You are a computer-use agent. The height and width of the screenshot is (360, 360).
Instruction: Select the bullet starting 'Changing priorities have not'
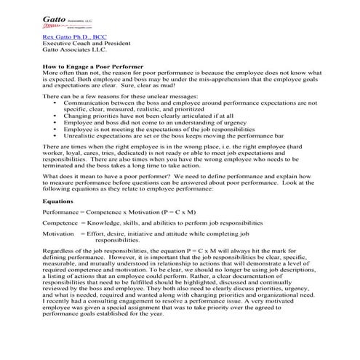(138, 115)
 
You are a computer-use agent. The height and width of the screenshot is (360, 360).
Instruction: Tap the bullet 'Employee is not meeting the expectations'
(152, 128)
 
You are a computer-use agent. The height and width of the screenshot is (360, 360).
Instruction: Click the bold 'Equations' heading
(57, 200)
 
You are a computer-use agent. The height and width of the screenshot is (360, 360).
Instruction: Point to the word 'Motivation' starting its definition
(59, 233)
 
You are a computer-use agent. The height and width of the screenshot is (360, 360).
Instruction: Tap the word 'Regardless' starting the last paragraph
(60, 251)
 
